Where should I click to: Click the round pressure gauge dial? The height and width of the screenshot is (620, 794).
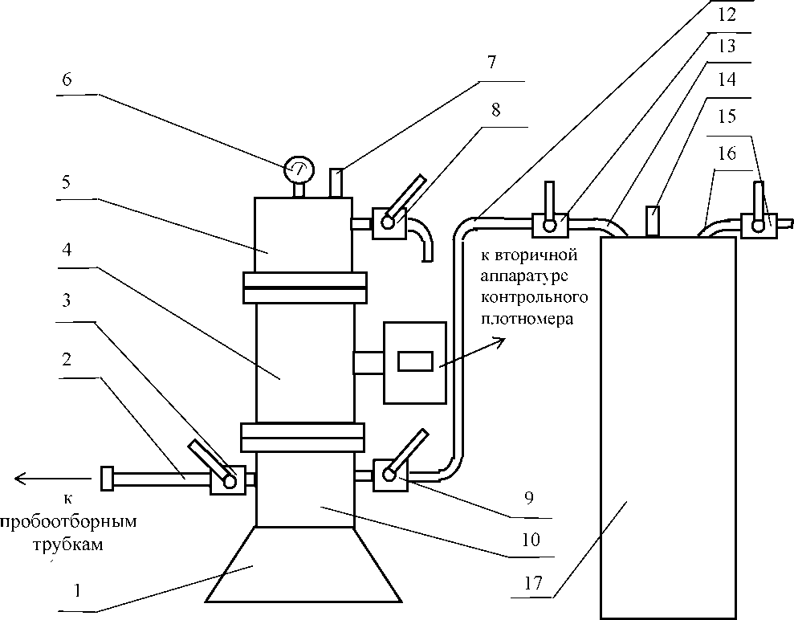pos(299,169)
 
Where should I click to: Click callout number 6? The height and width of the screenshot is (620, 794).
pos(67,80)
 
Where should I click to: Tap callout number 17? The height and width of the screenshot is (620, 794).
pos(533,583)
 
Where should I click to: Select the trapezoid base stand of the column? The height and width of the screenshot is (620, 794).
pos(303,565)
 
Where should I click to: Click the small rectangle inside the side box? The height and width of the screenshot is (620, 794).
pos(415,361)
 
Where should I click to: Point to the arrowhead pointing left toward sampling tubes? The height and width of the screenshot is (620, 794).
pos(22,478)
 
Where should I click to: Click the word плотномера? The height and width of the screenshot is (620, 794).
pos(527,320)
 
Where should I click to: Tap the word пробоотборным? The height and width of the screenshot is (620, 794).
pos(69,522)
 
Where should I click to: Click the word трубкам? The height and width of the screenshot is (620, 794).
pos(68,545)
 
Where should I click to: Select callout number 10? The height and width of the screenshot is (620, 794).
pos(531,540)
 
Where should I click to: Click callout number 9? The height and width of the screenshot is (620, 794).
pos(528,498)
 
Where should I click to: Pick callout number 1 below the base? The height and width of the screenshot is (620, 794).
pos(77,590)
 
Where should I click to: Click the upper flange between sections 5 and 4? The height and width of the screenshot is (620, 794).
pos(305,288)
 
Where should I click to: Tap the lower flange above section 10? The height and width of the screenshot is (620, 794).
pos(303,437)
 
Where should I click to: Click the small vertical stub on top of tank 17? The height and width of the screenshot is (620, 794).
pos(653,221)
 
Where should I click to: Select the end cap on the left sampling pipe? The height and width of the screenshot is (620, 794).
pos(107,478)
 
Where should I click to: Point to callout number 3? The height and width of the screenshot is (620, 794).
pos(67,300)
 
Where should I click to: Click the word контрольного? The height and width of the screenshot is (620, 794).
pos(534,297)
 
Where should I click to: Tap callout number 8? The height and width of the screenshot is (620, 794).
pos(495,109)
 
